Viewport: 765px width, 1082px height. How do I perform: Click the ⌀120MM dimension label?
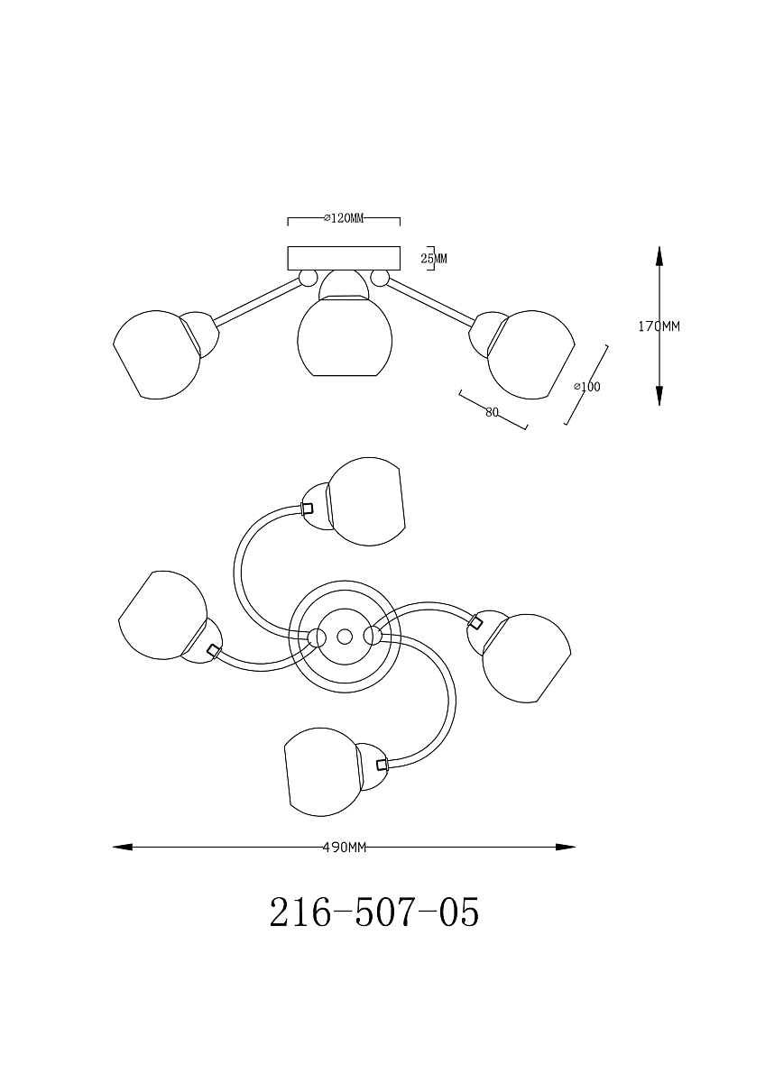344,218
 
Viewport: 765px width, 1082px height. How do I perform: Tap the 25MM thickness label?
434,259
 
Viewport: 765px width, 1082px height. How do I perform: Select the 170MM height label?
659,326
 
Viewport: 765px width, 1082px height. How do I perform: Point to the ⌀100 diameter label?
587,387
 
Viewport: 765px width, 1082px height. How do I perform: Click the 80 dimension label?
492,413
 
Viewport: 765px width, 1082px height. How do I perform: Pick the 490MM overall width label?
344,848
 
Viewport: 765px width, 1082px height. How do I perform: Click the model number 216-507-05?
374,912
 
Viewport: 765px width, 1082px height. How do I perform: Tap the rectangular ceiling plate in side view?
344,259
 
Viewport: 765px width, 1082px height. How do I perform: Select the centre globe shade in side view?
345,337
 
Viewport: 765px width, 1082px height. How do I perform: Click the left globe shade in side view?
157,354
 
